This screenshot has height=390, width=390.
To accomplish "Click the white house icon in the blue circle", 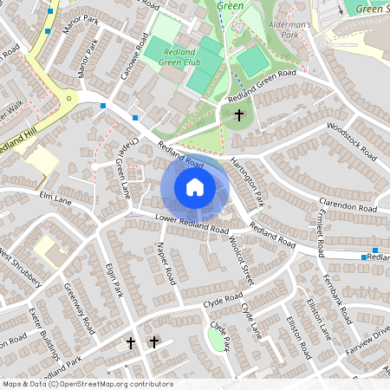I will coord(195,187).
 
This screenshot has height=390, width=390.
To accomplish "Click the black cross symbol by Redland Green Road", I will coord(238,114).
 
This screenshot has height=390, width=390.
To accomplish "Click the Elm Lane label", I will coord(55,199).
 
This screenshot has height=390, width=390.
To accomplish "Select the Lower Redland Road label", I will coord(192,224).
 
